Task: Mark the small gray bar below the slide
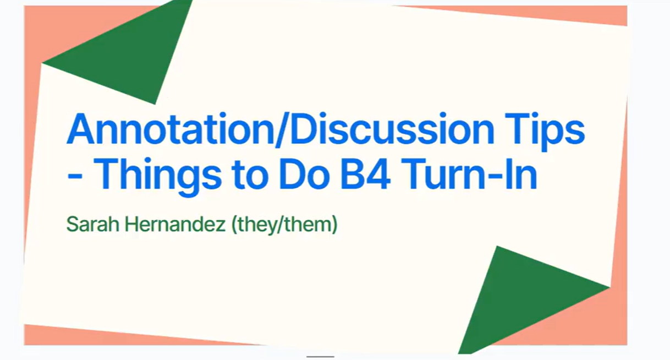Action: tap(320, 357)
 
